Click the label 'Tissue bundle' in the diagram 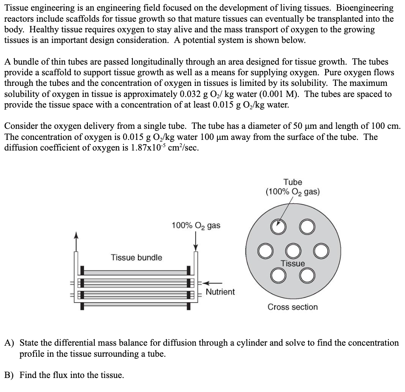(x=136, y=258)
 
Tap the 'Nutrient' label (x=220, y=292)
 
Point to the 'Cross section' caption (x=292, y=307)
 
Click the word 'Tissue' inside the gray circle (x=292, y=264)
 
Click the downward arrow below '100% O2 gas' (x=196, y=241)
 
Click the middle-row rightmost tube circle (x=321, y=251)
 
